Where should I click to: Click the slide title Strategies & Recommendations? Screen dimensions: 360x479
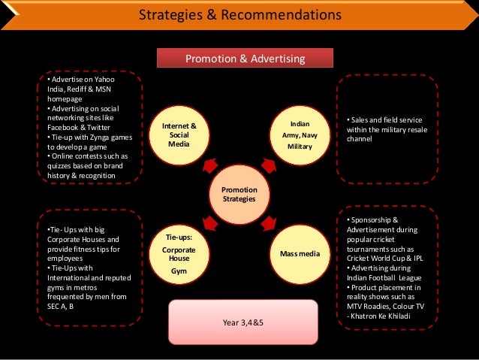240,15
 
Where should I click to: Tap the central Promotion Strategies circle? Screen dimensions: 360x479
239,194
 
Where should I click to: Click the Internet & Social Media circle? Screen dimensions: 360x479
179,134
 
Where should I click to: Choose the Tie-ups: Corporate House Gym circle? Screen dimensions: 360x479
179,254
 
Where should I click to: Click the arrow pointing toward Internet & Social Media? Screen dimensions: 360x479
209,164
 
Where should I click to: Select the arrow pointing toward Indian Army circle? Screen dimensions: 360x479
270,165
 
